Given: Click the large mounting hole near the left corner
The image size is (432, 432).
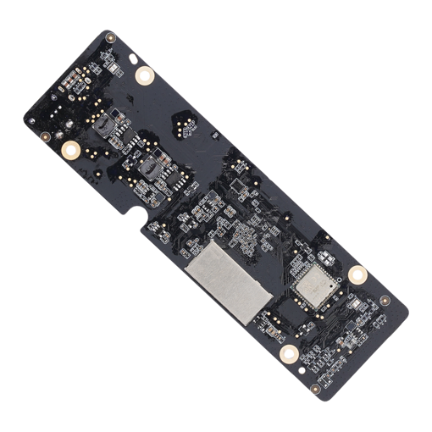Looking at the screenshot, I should point(72,151).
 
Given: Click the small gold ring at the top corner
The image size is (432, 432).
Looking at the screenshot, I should point(110,38).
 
